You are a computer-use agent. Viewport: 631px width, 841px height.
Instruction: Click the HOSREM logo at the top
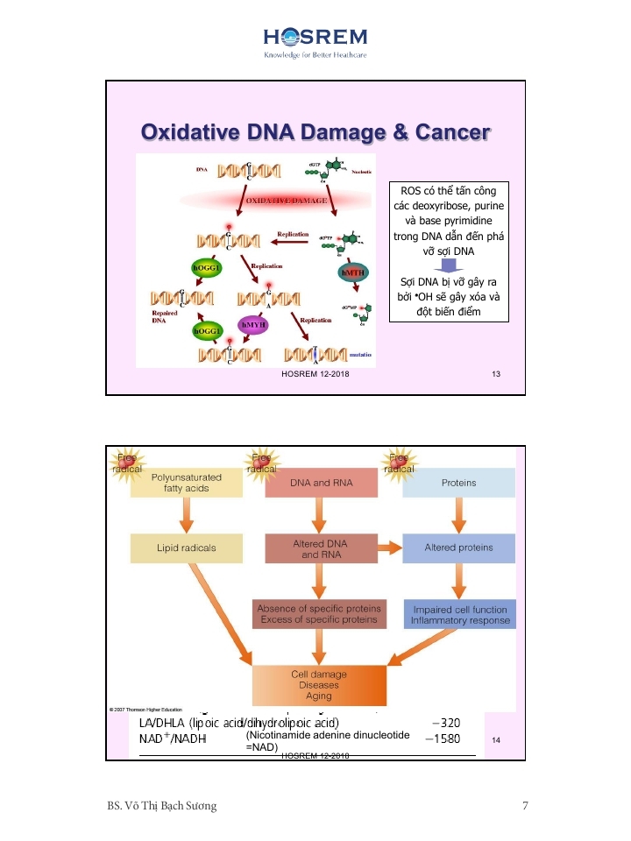coord(315,41)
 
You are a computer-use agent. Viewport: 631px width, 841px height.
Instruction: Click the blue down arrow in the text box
coord(449,265)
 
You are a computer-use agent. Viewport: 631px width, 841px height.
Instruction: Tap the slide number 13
coord(496,375)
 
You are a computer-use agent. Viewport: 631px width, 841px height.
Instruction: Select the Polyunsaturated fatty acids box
coord(186,483)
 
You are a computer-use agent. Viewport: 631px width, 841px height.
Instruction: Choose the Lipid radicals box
coord(186,548)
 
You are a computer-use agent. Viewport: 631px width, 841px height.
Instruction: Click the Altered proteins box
coord(458,548)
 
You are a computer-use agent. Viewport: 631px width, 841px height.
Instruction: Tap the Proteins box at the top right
coord(458,483)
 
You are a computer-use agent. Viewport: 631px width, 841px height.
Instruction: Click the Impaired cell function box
coord(459,614)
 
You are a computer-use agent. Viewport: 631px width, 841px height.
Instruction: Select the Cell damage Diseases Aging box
coord(318,685)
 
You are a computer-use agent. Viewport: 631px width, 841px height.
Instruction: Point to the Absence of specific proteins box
coord(319,614)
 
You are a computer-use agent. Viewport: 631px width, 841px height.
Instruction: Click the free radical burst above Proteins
coord(400,464)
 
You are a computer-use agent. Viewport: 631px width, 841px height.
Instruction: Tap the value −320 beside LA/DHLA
coord(446,724)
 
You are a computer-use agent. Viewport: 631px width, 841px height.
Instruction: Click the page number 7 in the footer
coord(525,806)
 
